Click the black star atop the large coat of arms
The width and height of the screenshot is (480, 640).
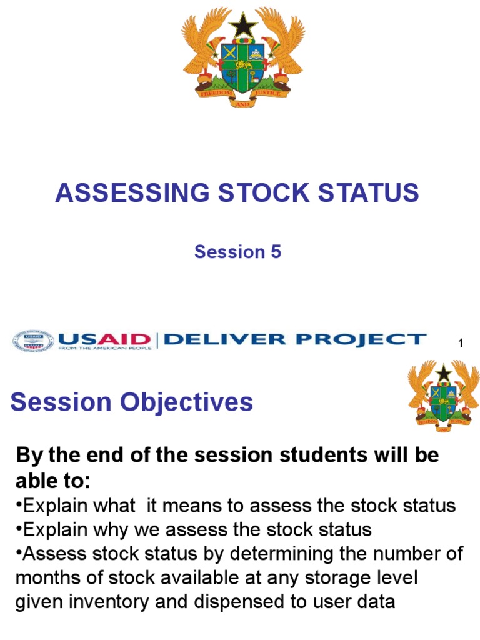click(243, 26)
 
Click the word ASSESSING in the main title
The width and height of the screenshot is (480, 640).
click(132, 192)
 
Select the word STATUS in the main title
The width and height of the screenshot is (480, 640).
click(369, 192)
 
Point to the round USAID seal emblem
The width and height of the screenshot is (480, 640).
click(33, 341)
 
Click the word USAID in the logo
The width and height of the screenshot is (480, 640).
click(104, 339)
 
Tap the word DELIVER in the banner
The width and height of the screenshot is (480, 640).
click(225, 339)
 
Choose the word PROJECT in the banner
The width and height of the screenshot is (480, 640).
click(361, 339)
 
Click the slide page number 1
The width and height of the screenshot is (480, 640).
click(461, 343)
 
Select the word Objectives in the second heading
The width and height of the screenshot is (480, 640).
click(186, 402)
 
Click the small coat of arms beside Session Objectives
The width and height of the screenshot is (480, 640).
click(444, 396)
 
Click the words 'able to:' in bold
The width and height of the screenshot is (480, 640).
click(52, 481)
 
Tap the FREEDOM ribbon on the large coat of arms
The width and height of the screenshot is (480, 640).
click(216, 92)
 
